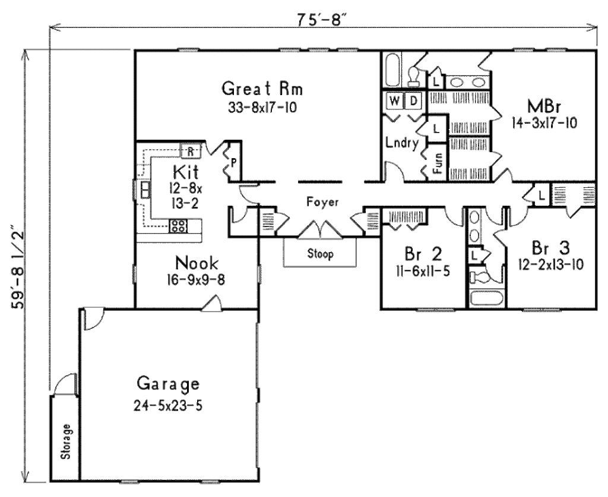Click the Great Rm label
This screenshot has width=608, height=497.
(x=262, y=89)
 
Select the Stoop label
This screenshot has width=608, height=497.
(x=320, y=254)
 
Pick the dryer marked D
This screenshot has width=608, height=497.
(x=414, y=101)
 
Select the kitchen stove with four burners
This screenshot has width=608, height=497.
(x=179, y=225)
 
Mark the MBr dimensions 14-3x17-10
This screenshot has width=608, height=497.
(x=544, y=123)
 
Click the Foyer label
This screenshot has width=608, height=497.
(x=322, y=202)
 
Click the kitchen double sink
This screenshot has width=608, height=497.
(x=144, y=190)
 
